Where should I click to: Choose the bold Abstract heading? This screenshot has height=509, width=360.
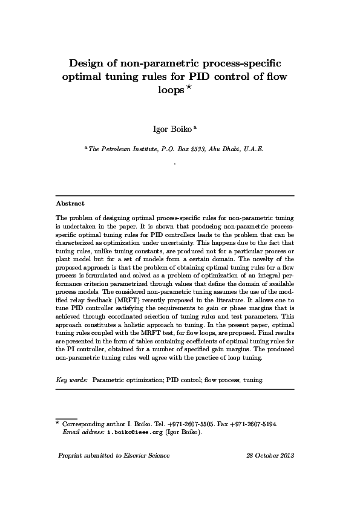tap(70, 204)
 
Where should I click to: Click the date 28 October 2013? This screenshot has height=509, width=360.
tap(270, 455)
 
